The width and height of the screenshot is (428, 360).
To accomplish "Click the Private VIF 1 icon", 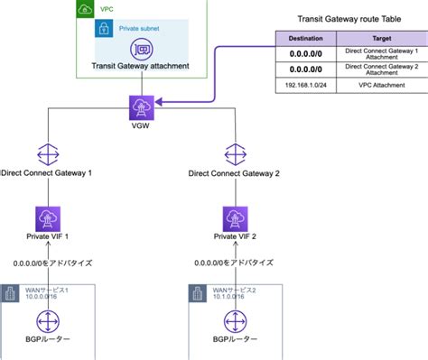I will point(49,218).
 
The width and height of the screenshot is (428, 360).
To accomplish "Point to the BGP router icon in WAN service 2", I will point(236,321).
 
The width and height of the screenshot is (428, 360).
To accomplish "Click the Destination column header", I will point(307,39).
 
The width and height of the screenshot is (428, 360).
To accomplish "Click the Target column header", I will point(380,39).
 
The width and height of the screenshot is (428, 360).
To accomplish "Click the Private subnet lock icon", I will point(105,28).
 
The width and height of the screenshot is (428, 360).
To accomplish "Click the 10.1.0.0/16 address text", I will point(227,294).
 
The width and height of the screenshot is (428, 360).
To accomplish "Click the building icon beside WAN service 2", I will point(197,291).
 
